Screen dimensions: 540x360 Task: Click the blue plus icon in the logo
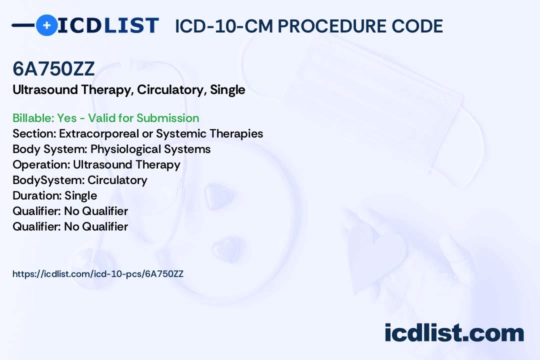[46, 25]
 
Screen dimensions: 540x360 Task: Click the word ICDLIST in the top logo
[108, 25]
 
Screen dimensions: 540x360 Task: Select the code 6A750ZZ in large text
[53, 68]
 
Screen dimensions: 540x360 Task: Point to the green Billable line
[105, 118]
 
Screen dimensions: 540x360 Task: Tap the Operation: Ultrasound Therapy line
[96, 164]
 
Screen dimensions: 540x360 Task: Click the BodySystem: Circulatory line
[80, 180]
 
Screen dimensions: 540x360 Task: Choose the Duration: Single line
[55, 195]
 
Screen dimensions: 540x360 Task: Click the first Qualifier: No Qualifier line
[70, 211]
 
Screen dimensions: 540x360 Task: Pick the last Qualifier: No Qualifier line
[70, 226]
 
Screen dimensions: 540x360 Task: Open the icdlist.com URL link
[98, 274]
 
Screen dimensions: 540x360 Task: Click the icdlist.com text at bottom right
[454, 333]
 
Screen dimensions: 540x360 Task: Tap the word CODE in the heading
[417, 26]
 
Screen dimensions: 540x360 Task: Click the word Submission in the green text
[167, 118]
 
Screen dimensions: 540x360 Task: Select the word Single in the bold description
[227, 90]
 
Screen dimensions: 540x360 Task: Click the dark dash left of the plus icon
[23, 25]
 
